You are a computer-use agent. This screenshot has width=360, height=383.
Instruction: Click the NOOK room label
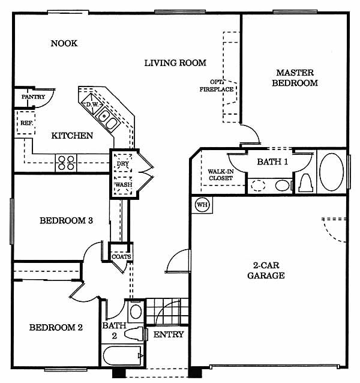64,43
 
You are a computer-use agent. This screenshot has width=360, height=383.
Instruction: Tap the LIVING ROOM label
175,62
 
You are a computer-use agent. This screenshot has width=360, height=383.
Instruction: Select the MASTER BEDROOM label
295,78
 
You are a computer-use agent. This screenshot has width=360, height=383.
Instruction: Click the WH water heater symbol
202,205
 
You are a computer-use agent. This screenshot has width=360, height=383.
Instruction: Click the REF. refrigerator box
26,122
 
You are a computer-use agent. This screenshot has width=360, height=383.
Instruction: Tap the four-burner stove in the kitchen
66,161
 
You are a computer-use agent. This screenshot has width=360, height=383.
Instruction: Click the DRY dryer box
122,163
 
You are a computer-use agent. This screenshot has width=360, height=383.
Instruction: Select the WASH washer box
122,184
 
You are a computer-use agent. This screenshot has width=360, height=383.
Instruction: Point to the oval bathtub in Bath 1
331,172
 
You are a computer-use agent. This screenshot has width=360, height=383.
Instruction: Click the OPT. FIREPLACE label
217,86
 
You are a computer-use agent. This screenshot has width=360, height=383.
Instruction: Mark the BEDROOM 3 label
66,220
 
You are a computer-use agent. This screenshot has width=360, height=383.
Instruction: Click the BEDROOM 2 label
56,328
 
